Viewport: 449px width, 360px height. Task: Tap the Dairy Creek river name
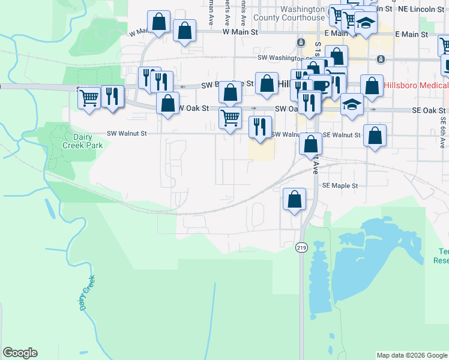pos(88,293)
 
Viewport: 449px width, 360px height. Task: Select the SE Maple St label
pos(340,186)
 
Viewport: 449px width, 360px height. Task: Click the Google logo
pos(20,353)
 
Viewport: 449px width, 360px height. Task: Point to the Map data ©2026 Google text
pos(412,355)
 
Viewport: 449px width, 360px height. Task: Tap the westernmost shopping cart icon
pos(89,97)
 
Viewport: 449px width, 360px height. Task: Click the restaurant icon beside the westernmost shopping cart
pos(112,95)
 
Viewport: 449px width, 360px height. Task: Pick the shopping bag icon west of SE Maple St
pos(294,199)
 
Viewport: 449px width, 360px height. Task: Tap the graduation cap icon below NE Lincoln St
pos(365,22)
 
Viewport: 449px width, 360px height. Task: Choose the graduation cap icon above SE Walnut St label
pos(352,104)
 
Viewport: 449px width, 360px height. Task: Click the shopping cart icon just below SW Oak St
pos(230,118)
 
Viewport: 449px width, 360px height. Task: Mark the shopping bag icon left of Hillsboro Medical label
pos(372,85)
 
